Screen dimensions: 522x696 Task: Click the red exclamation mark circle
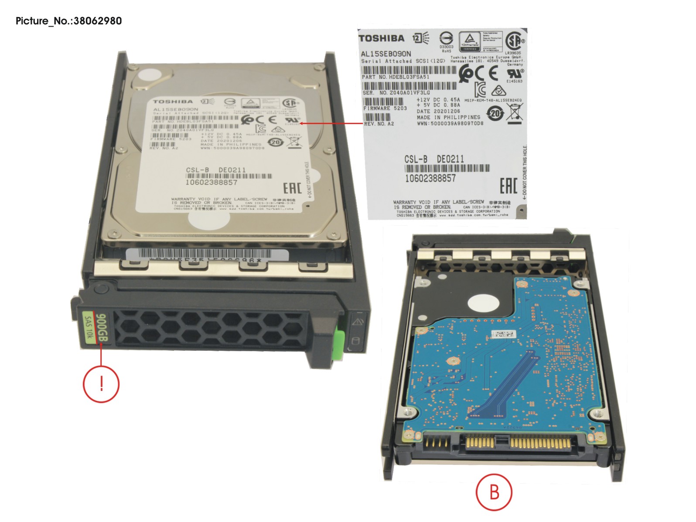[x=101, y=384]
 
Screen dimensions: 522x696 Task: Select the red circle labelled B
[x=494, y=492]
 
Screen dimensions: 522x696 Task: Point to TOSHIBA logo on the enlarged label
[x=381, y=38]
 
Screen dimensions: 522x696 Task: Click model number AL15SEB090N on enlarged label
[x=386, y=54]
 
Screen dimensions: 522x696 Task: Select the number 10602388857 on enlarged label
[x=430, y=178]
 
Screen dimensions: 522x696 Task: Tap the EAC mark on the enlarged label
[x=508, y=186]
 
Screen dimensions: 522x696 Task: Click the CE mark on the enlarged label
[x=493, y=73]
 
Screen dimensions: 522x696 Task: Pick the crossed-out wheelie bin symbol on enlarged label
[x=515, y=112]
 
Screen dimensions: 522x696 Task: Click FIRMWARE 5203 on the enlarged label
[x=385, y=108]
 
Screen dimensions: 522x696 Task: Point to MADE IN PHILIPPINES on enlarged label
[x=448, y=117]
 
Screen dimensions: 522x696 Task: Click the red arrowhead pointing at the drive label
[x=302, y=123]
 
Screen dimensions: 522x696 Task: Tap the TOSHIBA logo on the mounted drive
[x=172, y=102]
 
